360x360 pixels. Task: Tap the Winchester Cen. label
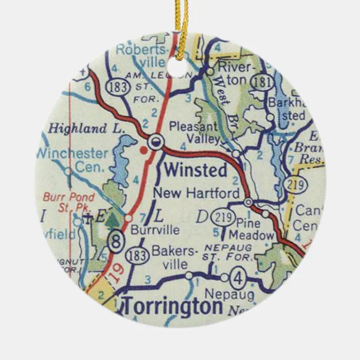72,159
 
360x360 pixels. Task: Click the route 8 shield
116,242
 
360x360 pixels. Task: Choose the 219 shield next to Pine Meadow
224,218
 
